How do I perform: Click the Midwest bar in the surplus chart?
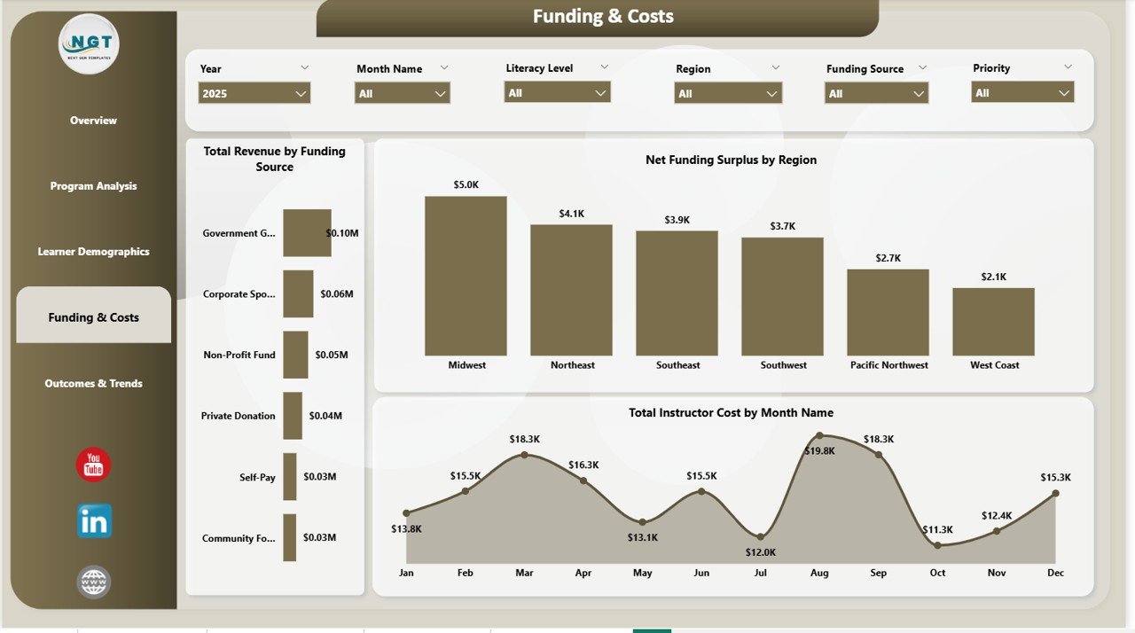pos(466,276)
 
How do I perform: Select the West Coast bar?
pos(993,321)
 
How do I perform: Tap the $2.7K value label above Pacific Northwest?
pos(888,258)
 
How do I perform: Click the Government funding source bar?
pos(307,233)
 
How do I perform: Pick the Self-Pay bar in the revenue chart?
pos(289,477)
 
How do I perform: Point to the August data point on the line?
pos(819,435)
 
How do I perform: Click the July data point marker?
pos(761,536)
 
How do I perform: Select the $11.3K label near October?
pos(937,530)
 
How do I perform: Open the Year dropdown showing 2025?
pos(254,93)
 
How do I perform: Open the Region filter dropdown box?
pos(727,93)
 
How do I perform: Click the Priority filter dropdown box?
pos(1022,92)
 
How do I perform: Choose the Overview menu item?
pos(93,121)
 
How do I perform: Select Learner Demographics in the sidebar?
pos(93,252)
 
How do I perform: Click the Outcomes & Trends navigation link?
pos(93,384)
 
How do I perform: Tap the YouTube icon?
pos(93,465)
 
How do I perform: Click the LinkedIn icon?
pos(94,521)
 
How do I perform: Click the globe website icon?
pos(94,582)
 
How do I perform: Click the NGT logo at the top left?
pos(89,43)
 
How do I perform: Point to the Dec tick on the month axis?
pos(1055,573)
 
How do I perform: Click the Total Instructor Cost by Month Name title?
pos(731,412)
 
